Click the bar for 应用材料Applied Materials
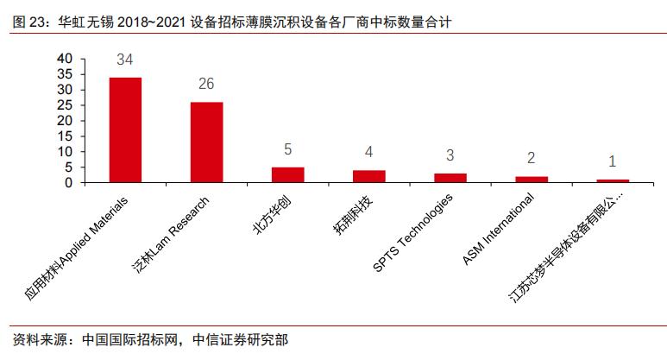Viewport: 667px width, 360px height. (125, 129)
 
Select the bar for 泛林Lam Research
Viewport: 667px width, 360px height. (206, 142)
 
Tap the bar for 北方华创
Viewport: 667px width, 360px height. (287, 174)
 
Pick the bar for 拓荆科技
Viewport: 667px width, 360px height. (368, 176)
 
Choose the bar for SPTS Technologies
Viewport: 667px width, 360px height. (450, 178)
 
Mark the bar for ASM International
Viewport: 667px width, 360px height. (531, 180)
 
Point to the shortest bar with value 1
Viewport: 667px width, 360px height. (613, 180)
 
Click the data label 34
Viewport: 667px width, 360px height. (125, 60)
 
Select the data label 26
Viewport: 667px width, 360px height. (206, 85)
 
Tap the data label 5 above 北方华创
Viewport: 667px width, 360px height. (287, 150)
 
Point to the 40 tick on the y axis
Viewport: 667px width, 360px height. (65, 58)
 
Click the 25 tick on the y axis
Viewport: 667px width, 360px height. (65, 104)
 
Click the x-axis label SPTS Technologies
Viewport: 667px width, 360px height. (414, 231)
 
